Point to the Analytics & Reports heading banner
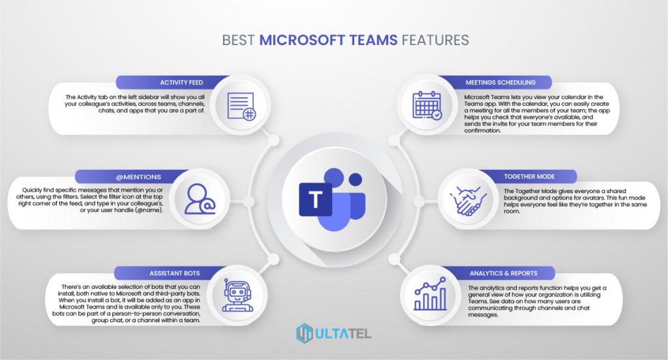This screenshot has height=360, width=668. pos(503,273)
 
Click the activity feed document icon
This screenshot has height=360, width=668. pos(241,106)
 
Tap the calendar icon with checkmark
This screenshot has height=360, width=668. pos(427,106)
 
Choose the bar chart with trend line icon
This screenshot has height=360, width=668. pos(429,295)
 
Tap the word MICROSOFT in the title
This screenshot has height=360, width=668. pos(305,40)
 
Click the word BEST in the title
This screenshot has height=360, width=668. pos(239,40)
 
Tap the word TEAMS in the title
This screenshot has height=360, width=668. pos(374,40)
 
